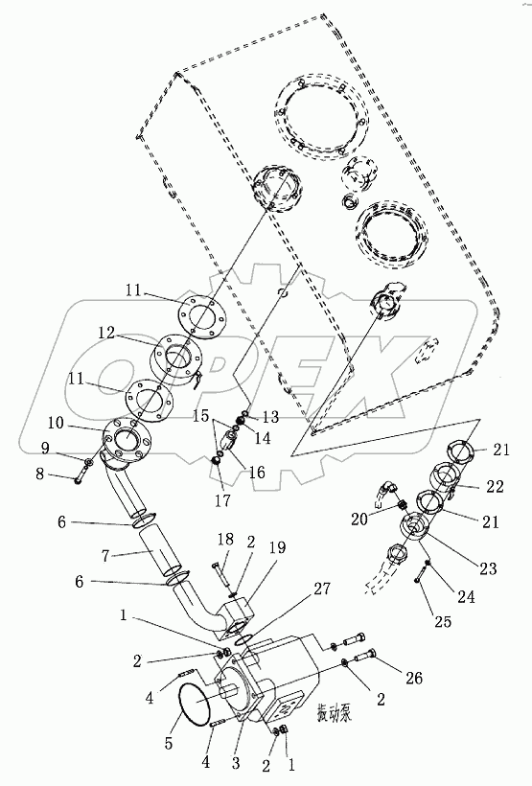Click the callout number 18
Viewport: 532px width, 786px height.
click(223, 541)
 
